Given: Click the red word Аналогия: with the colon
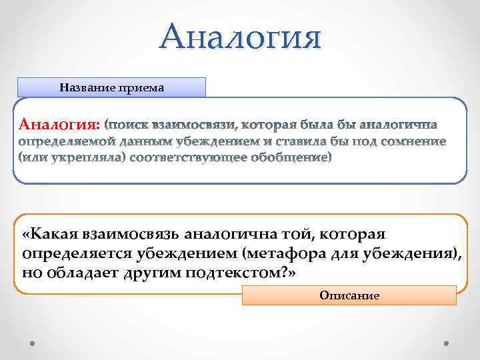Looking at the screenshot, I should tap(61, 125).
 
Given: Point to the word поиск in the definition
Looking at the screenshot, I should tap(129, 125).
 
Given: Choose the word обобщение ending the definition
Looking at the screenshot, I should tap(291, 158).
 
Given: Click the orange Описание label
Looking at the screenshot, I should tap(349, 295).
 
